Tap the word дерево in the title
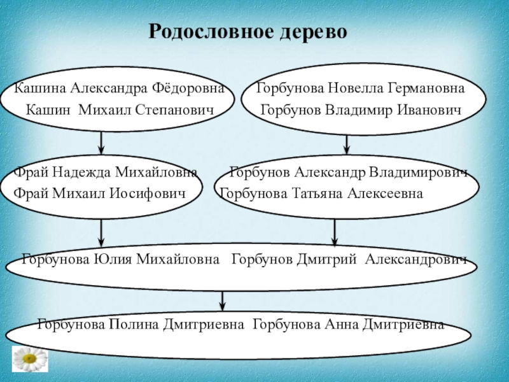coord(316,31)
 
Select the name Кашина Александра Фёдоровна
coord(119,87)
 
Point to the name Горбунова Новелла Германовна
coord(360,87)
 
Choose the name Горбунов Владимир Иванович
coord(360,110)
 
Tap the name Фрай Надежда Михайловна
coord(106,172)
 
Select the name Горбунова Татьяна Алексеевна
coord(321,193)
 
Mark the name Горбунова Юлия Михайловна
coord(121,259)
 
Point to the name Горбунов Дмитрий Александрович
coord(349,259)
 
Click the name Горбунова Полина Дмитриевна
coord(141,324)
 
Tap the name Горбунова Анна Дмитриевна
coord(349,324)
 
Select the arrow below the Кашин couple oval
coord(102,142)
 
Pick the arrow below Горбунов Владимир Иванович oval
coord(347,143)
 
